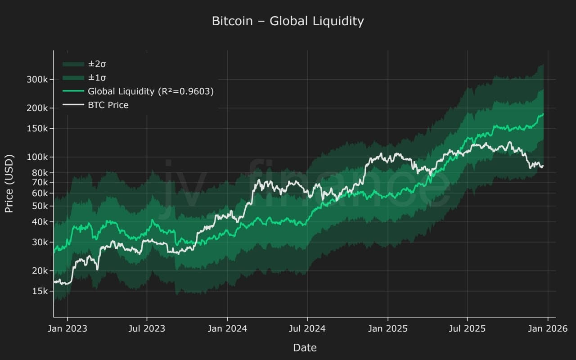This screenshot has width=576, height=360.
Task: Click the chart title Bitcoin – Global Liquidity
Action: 288,21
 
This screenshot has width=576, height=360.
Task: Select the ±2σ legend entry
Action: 97,64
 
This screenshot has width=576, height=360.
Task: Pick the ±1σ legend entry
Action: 97,78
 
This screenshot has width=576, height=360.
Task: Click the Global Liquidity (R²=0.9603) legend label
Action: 150,91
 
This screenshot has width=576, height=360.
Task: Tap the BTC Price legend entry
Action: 108,105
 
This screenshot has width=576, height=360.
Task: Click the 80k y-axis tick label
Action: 40,173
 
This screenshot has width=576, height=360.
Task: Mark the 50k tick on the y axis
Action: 40,206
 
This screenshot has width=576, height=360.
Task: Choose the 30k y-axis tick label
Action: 40,242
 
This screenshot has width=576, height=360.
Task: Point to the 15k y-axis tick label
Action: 40,291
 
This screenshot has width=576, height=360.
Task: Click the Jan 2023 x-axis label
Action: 67,328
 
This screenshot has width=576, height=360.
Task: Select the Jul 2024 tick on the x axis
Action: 307,328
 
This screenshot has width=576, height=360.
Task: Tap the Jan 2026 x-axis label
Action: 547,328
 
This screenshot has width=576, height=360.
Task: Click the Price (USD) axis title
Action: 9,184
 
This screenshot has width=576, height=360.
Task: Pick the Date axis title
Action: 305,347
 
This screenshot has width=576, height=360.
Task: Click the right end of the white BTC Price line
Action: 543,166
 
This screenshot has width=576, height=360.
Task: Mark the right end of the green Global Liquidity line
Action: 543,114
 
